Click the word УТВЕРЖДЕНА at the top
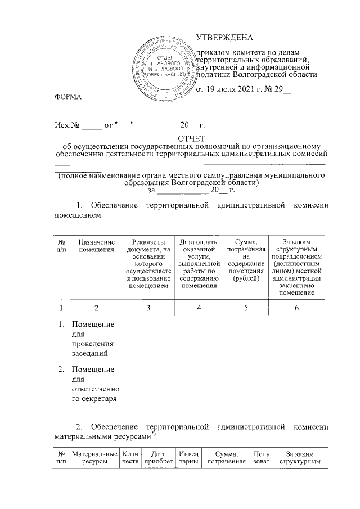coord(225,38)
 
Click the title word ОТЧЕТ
coord(192,138)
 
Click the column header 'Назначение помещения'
coord(96,245)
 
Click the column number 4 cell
coord(199,308)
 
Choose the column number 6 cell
coord(295,308)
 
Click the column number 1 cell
coord(60,308)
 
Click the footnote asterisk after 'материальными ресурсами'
coord(152,433)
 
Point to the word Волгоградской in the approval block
coord(264,74)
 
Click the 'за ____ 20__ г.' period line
coord(191,190)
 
